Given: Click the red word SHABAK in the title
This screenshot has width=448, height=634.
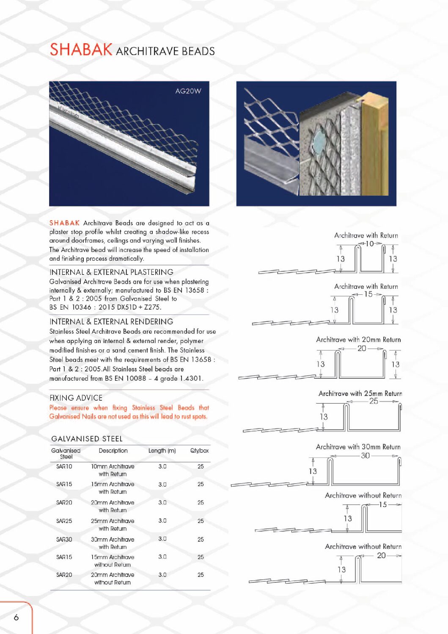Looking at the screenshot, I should coord(81,50).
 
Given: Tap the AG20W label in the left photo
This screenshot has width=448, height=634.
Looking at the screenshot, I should coord(188,91).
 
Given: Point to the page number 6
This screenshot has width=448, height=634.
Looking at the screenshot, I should coord(16,617).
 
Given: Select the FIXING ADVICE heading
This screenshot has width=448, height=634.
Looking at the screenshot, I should coord(76,398).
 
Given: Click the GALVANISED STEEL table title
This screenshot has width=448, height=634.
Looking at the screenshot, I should coord(87,439).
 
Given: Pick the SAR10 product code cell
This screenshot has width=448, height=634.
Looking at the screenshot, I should coord(64,466).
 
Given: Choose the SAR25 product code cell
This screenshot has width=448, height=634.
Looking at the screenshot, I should coord(64,521).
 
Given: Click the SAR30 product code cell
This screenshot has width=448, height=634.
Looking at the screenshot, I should coord(64,539).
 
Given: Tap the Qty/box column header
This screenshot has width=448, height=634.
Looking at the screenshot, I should coord(199,451).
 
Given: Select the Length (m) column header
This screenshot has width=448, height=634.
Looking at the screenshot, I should coord(162,451).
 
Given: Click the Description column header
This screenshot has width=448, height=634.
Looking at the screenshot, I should coord(113,451).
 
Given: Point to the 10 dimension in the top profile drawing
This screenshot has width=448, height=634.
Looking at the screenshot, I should coord(370,244).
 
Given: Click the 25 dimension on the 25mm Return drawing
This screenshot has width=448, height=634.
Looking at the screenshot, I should coord(374,401).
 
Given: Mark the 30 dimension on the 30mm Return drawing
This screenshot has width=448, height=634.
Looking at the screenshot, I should coord(365,455).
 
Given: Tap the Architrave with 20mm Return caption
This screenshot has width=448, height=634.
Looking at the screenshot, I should coord(358,340).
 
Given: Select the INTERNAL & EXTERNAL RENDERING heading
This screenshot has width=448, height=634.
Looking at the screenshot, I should coord(111,321).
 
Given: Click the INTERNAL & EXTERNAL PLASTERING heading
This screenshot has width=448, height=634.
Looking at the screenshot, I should coord(111,272).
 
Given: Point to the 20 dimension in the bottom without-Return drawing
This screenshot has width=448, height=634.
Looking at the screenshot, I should coord(381,555).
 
